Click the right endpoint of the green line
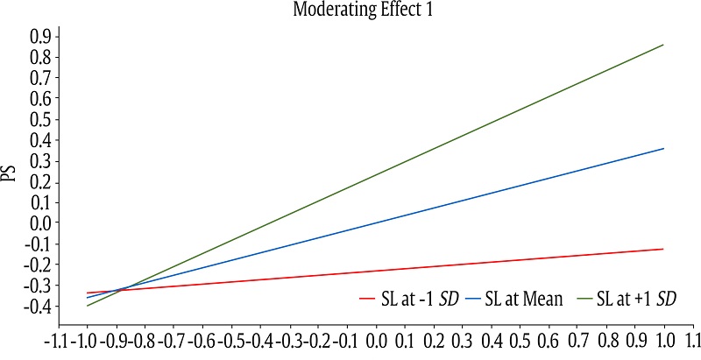[663, 45]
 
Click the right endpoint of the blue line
[663, 148]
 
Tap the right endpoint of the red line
[663, 249]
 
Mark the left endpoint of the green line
[87, 306]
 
